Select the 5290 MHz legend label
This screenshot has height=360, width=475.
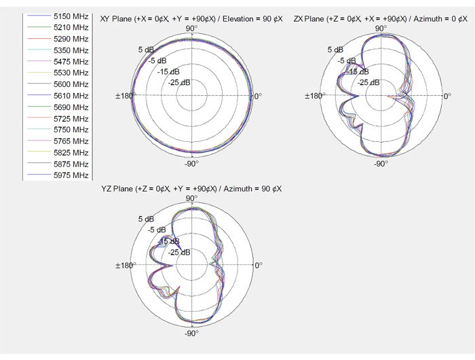pyautogui.click(x=71, y=39)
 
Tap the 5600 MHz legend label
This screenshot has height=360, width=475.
pyautogui.click(x=71, y=84)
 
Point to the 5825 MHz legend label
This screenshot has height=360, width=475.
pyautogui.click(x=71, y=153)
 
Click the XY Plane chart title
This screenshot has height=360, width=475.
pyautogui.click(x=191, y=19)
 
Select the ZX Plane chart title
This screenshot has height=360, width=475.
pyautogui.click(x=381, y=19)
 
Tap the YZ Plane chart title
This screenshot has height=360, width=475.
pyautogui.click(x=191, y=189)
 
